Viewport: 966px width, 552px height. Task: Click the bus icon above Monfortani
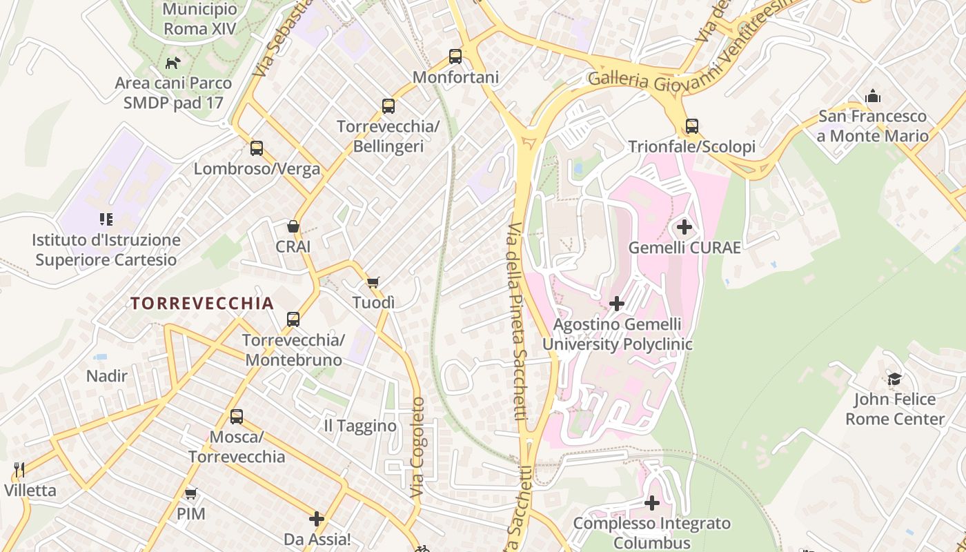click(x=455, y=57)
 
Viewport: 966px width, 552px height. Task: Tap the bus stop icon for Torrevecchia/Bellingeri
click(x=388, y=106)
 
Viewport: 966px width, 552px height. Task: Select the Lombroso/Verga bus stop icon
click(x=257, y=148)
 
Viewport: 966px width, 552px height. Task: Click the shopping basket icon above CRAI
click(x=293, y=226)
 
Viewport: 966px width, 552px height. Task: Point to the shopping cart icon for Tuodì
click(x=373, y=282)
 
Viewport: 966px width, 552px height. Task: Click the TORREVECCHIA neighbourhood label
click(x=202, y=304)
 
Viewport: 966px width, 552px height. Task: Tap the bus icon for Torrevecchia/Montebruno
click(x=293, y=319)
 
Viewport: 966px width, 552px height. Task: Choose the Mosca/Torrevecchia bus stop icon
click(x=237, y=417)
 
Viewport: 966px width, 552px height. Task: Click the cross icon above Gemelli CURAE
click(x=684, y=227)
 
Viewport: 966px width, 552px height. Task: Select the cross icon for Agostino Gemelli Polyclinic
click(x=617, y=304)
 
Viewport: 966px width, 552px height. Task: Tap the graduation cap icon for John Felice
click(x=894, y=379)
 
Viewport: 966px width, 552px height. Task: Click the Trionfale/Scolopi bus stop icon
click(x=692, y=126)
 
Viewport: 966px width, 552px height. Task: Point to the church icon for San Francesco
click(x=873, y=96)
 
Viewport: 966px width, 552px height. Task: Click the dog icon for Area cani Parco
click(x=172, y=63)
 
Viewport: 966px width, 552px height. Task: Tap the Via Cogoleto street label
click(x=418, y=447)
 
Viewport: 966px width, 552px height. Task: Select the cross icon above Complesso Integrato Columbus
click(x=651, y=503)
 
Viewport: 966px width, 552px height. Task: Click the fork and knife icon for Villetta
click(x=19, y=471)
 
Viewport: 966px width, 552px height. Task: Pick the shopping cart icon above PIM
click(x=191, y=493)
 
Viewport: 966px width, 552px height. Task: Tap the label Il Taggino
click(x=360, y=426)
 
